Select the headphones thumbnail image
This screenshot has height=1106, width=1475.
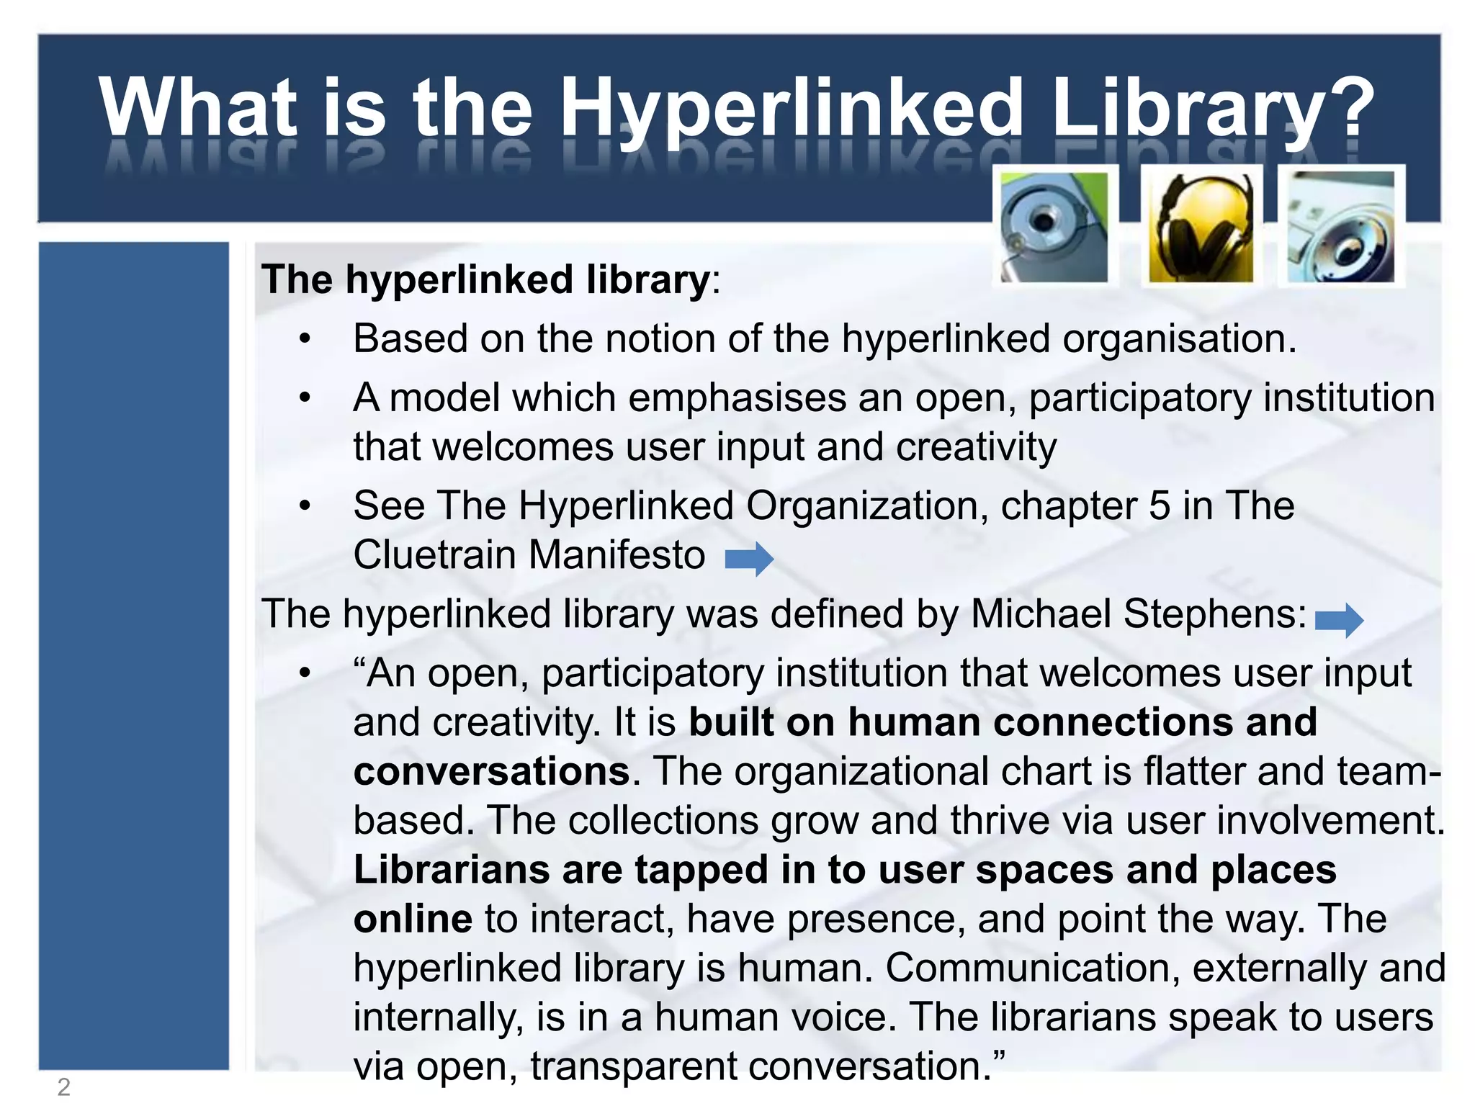[1201, 228]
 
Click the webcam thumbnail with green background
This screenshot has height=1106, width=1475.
[1055, 228]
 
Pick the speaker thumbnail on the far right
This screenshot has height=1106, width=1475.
[1341, 228]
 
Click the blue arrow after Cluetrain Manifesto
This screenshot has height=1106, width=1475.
[749, 558]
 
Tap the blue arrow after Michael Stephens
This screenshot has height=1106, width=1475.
[1339, 619]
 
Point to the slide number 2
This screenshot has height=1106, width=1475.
[64, 1087]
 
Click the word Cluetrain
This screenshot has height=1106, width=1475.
[434, 555]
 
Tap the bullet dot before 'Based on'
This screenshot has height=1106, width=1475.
[305, 338]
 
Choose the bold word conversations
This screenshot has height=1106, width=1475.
[492, 771]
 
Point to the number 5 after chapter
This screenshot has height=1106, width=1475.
[1160, 505]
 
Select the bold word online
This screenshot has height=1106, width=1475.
[413, 919]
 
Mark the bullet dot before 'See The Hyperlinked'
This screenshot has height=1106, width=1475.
[305, 505]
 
